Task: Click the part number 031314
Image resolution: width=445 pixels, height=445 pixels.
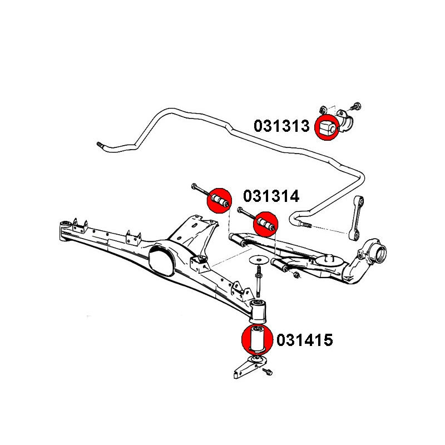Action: tap(271, 196)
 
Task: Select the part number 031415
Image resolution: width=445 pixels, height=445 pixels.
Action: tap(304, 340)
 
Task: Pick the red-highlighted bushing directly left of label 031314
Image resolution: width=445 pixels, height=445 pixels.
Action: tap(219, 200)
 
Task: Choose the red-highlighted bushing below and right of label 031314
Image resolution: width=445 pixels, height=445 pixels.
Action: tap(265, 225)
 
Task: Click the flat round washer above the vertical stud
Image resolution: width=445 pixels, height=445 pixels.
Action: tap(258, 259)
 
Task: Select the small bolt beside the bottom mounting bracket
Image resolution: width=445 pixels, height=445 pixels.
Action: tap(269, 371)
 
